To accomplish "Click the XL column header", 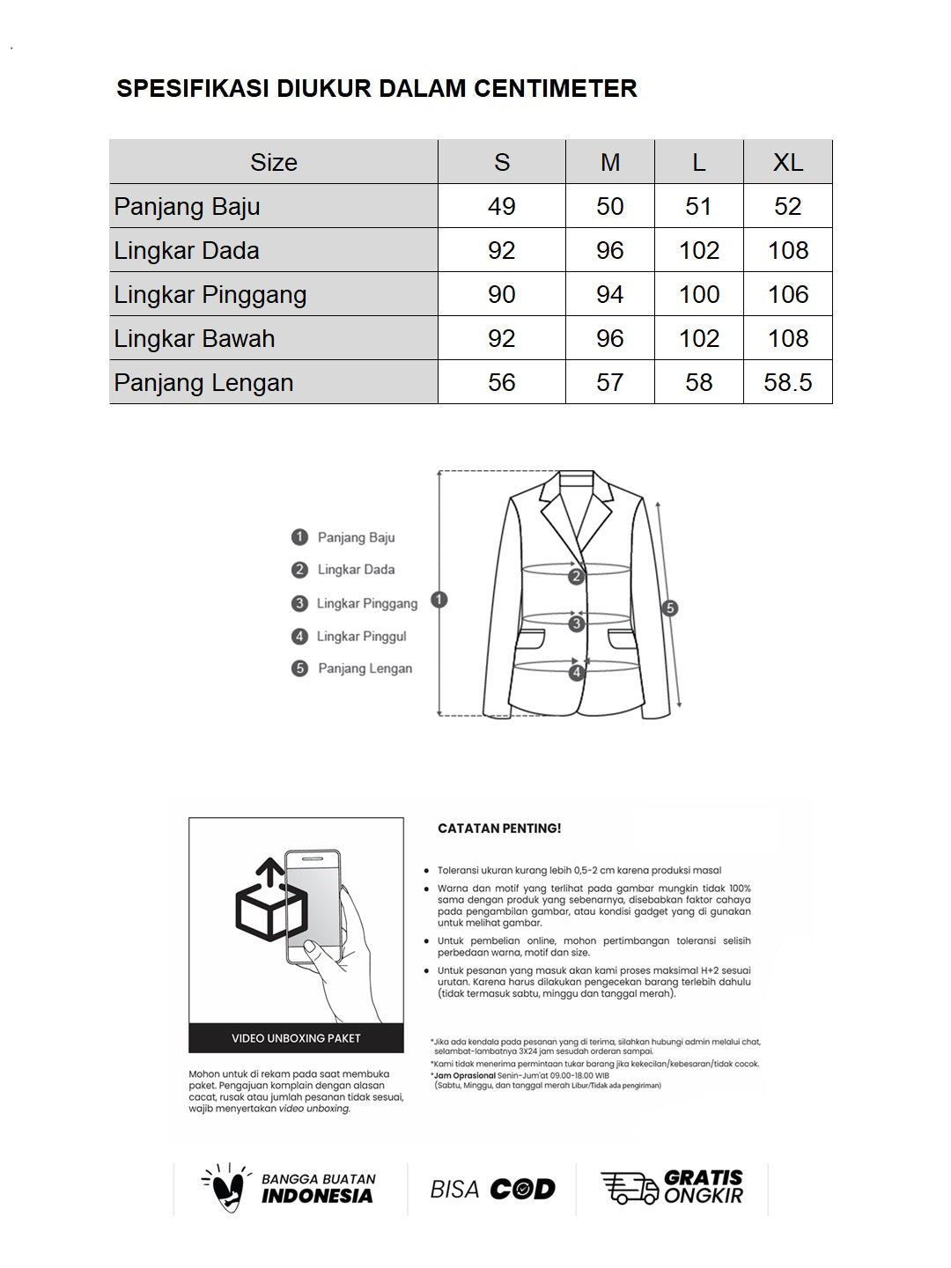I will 787,162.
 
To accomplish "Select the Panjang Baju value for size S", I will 501,206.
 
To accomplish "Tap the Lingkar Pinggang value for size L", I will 698,294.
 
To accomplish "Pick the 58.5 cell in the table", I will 787,382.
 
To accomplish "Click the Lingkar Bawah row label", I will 195,338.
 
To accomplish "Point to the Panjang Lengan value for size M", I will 609,382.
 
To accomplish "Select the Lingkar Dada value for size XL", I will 787,250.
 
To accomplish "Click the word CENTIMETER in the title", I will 555,88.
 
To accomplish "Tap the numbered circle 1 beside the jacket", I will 439,601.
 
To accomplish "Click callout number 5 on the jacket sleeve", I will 670,608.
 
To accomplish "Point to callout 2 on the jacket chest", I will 576,577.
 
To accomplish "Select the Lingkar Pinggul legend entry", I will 361,636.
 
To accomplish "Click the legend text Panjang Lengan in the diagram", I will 365,668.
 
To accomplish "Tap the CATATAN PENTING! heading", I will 499,829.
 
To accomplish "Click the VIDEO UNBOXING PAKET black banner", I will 296,1038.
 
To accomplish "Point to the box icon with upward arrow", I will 270,903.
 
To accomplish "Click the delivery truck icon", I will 629,1188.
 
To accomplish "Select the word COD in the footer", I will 522,1190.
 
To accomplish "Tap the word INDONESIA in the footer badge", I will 317,1196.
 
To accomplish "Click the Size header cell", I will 273,162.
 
